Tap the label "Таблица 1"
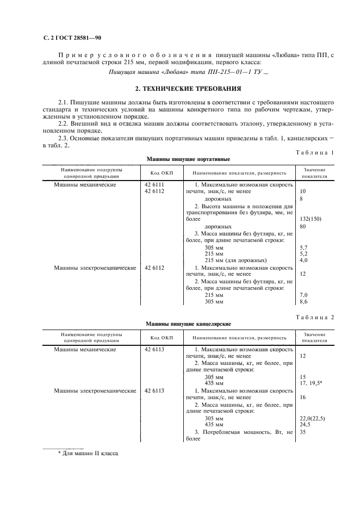[x=315, y=152]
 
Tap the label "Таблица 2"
[x=315, y=316]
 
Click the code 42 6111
[x=154, y=185]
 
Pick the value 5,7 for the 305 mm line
[x=304, y=247]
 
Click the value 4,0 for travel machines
[x=304, y=260]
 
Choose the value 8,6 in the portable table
[x=304, y=301]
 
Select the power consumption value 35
[x=303, y=432]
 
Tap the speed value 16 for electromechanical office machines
[x=303, y=398]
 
